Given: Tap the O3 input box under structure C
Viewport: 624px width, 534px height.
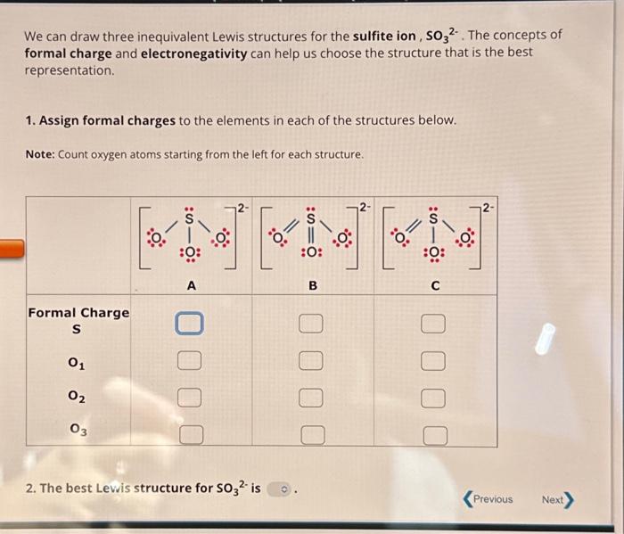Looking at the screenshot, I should pos(432,435).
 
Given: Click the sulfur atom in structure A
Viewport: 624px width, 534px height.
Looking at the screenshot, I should pos(188,218).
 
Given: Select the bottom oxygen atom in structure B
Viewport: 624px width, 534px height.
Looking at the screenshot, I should pos(312,252).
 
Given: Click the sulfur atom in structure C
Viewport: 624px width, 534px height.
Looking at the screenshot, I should pos(434,218).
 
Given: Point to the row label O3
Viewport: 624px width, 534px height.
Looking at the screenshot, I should pos(78,430).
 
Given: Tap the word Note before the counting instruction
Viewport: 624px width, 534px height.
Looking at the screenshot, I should pos(41,154).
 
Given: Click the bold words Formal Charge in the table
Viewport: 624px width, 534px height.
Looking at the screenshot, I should pos(78,313).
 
